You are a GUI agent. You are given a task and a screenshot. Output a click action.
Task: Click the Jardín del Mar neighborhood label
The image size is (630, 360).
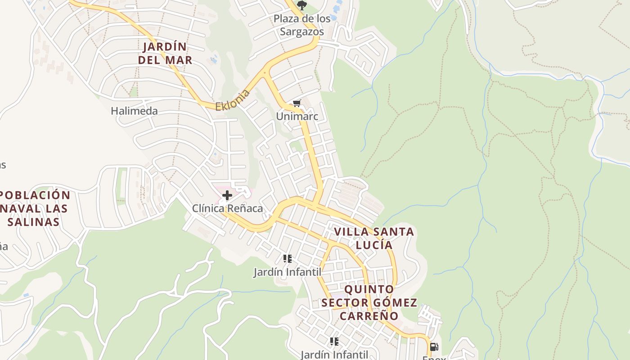165,53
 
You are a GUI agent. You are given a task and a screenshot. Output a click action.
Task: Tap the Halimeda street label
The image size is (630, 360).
134,111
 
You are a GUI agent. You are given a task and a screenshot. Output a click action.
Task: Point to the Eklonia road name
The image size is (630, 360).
233,100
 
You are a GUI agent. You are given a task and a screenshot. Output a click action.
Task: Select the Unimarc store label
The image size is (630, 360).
297,117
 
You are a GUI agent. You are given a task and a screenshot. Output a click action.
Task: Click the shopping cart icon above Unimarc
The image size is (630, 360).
297,104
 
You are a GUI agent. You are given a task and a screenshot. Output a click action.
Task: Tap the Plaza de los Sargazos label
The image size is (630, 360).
302,25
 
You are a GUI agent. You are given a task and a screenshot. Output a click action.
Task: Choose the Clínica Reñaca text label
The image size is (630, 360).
227,209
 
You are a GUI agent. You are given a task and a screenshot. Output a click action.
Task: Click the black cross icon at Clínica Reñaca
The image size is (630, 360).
227,195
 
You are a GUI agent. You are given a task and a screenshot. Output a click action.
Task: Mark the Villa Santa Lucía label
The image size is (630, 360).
374,238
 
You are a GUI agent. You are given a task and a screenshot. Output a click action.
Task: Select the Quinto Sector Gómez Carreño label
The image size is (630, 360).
369,302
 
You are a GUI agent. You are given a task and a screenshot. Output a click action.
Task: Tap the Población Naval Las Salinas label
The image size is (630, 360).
35,208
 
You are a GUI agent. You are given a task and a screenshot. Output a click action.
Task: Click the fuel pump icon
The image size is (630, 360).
434,347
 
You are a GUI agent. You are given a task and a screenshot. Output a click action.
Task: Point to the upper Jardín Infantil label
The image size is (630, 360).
287,272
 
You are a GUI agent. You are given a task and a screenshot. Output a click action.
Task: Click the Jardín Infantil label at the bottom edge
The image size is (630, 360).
334,355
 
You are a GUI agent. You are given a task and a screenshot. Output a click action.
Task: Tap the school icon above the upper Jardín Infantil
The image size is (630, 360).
288,259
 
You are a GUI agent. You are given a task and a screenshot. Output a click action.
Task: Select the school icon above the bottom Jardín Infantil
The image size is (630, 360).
334,342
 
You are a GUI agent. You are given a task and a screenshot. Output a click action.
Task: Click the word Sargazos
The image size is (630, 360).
302,31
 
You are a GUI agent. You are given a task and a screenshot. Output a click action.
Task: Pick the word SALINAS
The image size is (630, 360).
34,222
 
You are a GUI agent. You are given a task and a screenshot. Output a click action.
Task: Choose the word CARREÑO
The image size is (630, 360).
369,316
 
